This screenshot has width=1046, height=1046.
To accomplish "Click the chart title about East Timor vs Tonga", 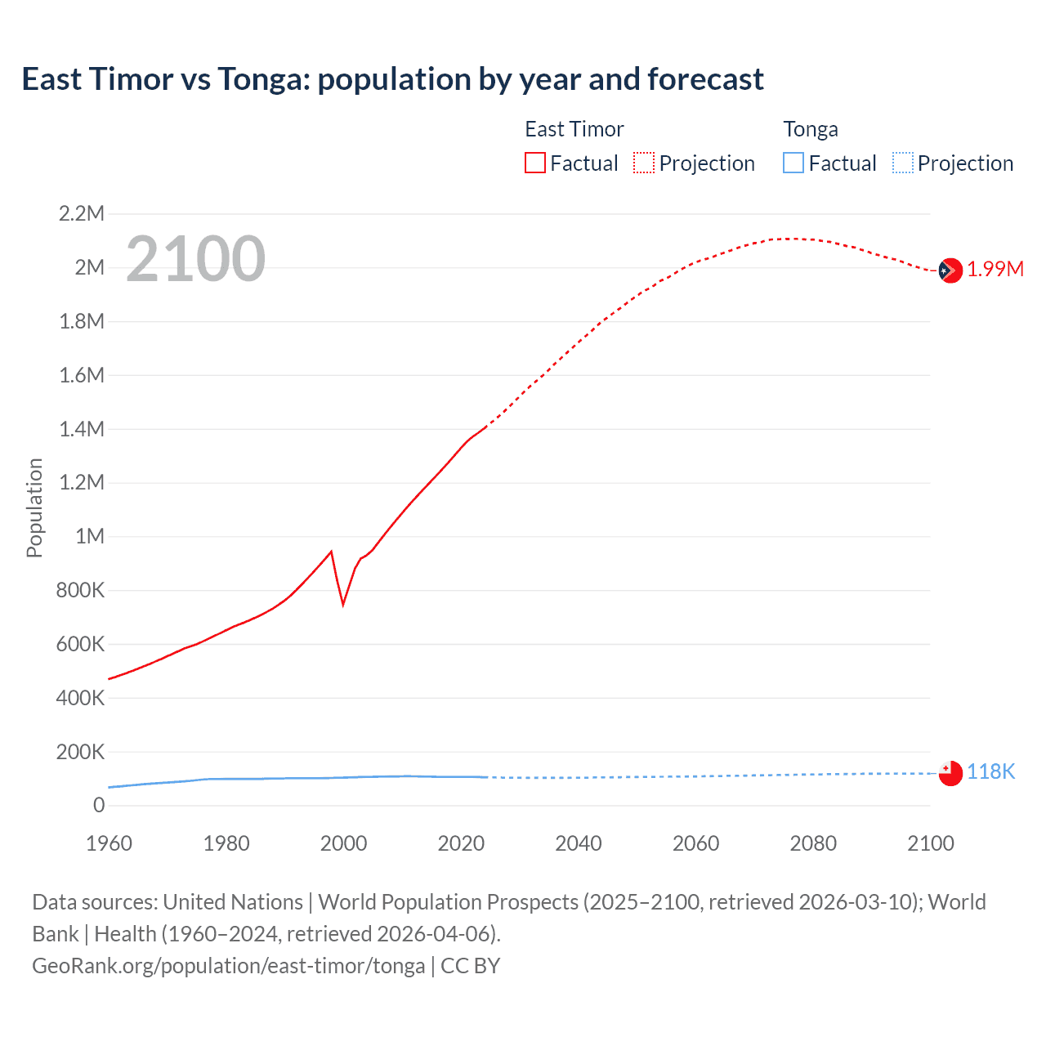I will coord(392,79).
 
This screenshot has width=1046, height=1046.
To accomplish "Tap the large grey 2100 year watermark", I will coord(195,259).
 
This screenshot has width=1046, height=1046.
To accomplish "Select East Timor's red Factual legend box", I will coord(534,163).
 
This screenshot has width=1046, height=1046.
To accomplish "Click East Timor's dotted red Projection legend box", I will coord(644,163).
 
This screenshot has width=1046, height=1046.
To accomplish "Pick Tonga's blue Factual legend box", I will coord(793,163).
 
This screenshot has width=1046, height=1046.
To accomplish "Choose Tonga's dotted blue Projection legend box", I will coord(902,163).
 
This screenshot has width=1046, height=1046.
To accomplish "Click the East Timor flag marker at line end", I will coord(950,270).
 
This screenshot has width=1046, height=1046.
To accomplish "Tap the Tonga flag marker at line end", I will coord(950,773).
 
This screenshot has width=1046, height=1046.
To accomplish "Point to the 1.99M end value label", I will coord(995,270).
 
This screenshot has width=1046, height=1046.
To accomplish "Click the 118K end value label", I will coord(990,772).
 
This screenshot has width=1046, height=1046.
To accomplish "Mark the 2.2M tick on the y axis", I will coord(82,214).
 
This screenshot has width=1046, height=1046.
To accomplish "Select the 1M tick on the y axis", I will coord(90,536).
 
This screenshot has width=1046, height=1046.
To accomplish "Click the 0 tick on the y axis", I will coord(99,805).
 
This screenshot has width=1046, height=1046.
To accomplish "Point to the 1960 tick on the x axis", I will coord(109,843).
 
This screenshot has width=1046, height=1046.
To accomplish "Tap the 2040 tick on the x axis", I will coord(579,843).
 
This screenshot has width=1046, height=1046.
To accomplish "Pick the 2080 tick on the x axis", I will coord(813,843).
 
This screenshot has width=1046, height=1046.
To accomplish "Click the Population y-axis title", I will coord(34,507).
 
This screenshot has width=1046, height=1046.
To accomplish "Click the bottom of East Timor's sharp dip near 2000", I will coord(343,605).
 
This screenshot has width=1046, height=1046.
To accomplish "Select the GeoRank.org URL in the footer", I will coord(228,966).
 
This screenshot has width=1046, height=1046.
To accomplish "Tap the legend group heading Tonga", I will coord(811,129).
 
